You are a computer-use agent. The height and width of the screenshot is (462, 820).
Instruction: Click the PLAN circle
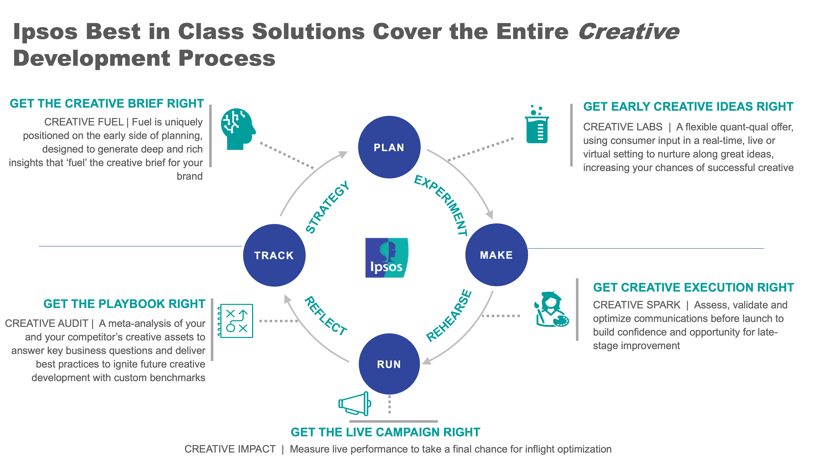tap(389, 147)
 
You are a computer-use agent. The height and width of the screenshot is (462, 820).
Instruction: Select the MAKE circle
tap(496, 255)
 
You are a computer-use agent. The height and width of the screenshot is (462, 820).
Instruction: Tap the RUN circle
tap(389, 364)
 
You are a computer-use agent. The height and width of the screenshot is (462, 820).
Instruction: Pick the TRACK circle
tap(274, 255)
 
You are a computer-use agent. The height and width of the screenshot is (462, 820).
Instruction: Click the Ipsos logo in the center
tap(386, 258)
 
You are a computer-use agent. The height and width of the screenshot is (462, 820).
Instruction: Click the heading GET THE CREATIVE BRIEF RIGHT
tap(107, 104)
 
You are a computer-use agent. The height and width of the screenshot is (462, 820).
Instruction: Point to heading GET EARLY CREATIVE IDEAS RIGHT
tap(688, 107)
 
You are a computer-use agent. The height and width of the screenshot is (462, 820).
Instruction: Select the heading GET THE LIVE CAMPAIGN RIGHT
tap(385, 432)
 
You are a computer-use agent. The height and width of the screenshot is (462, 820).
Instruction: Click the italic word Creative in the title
tap(629, 32)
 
